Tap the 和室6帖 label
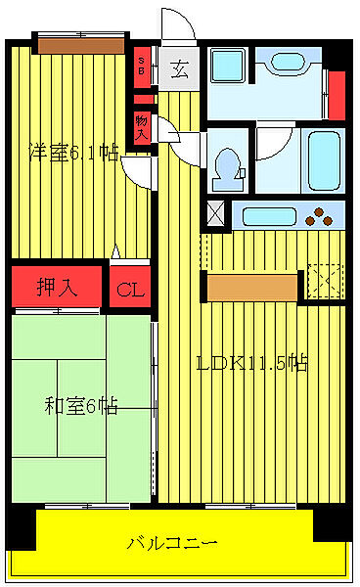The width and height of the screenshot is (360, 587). pos(81,405)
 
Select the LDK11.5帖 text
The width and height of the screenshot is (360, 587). pos(252,363)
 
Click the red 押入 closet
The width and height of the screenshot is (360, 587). pos(57,288)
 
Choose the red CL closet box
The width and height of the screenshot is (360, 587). pos(129,289)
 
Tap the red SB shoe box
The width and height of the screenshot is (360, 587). pos(143,69)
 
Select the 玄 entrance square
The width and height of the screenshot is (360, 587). pos(180,69)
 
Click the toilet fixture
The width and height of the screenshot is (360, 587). pos(228,162)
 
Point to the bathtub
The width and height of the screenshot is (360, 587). pos(323,158)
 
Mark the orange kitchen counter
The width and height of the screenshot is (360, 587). pos(253,288)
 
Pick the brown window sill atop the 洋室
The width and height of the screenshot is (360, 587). pos(80,44)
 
